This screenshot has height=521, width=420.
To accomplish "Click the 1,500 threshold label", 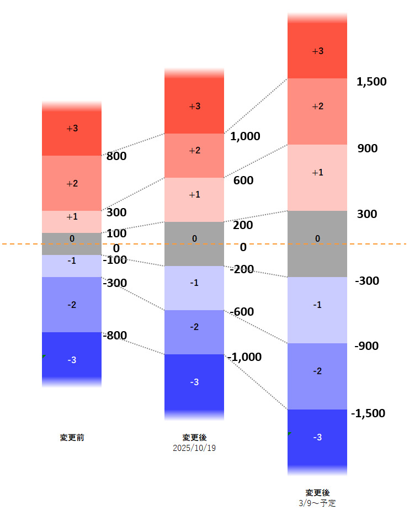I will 371,82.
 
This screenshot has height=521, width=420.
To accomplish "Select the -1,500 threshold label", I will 368,413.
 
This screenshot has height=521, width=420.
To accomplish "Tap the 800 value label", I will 116,156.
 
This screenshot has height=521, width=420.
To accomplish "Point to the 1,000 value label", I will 245,136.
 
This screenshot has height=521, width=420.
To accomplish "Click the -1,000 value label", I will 244,357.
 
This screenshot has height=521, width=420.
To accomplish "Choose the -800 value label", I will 115,335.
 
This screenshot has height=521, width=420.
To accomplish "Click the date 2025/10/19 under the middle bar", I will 194,448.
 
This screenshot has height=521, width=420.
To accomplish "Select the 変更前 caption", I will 72,438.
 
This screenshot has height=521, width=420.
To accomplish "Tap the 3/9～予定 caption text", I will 317,503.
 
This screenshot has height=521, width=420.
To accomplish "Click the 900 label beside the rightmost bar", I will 368,148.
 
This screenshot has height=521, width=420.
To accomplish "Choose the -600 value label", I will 242,312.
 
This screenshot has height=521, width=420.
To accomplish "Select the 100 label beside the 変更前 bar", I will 116,233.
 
